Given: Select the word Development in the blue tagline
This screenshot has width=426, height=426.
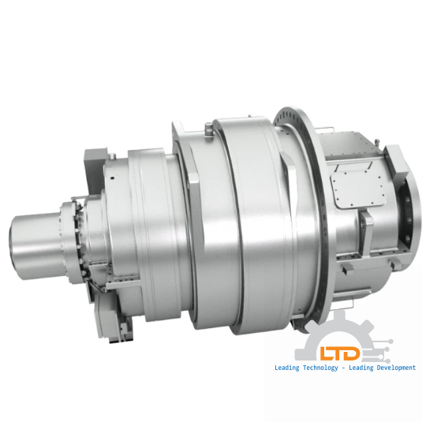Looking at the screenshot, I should pyautogui.click(x=391, y=368).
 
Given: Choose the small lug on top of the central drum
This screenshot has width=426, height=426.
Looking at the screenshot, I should pyautogui.click(x=207, y=126).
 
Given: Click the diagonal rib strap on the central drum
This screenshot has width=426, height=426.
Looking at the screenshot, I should pyautogui.click(x=193, y=181).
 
